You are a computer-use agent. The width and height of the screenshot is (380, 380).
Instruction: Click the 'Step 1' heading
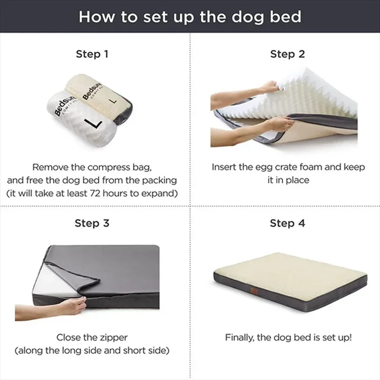[92, 54]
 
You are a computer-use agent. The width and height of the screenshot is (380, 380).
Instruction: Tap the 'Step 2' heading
[287, 54]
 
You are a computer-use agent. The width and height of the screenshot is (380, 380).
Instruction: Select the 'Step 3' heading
[92, 223]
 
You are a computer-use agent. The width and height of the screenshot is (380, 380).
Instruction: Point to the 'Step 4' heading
[287, 223]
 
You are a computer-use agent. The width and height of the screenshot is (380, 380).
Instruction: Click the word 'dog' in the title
[247, 18]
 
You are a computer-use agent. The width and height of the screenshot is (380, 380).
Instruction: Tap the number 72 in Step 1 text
[95, 193]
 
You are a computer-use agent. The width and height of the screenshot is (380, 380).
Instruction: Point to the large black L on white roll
[93, 123]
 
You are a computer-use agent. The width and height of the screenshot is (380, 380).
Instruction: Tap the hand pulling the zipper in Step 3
[73, 306]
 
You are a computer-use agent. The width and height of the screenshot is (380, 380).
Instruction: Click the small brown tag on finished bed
[254, 290]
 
